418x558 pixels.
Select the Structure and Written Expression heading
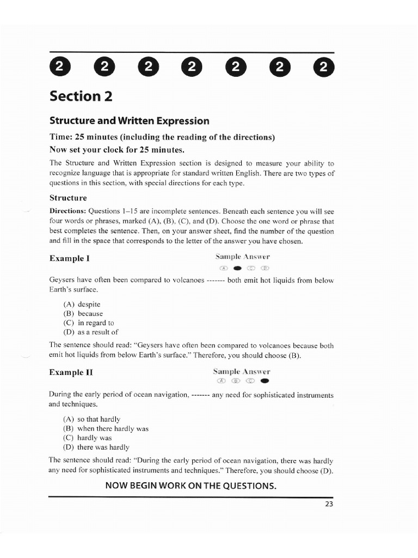pos(129,120)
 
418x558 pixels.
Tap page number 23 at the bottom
pos(329,504)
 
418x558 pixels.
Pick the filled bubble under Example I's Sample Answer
pos(237,268)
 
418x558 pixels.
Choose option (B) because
pos(83,314)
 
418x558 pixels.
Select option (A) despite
pos(82,305)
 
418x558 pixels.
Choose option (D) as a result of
pos(91,332)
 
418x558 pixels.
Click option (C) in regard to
pos(89,323)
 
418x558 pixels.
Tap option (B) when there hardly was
pos(106,429)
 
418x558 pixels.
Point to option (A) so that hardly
pos(92,420)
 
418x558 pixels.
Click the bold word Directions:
pos(67,211)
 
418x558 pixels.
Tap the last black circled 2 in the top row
pos(324,68)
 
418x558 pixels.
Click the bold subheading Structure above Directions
pos(68,198)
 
